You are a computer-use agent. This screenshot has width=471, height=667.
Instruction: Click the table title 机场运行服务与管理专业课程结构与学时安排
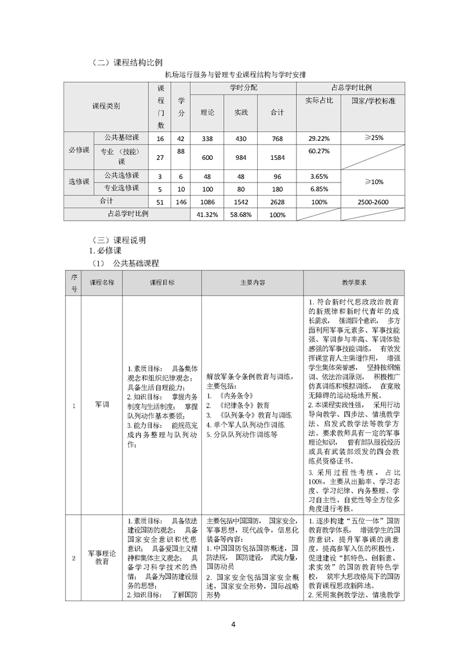click(x=235, y=75)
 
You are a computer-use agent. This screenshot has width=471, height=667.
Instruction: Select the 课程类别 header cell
click(x=106, y=106)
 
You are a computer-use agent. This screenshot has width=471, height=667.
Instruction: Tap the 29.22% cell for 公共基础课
click(x=320, y=138)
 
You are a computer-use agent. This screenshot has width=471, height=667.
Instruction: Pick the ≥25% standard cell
click(x=374, y=137)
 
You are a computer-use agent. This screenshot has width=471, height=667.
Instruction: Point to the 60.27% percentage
click(x=320, y=151)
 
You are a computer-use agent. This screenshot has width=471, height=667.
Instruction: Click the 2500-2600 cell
click(x=374, y=202)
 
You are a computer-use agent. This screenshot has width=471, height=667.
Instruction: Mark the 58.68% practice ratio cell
click(x=241, y=215)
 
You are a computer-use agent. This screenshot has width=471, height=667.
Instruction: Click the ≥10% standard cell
click(x=374, y=181)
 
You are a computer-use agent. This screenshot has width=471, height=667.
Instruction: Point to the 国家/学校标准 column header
click(x=374, y=101)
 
